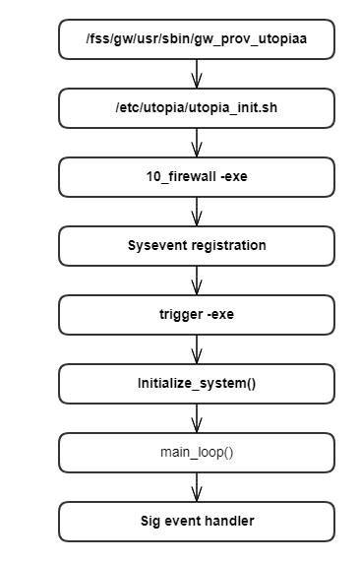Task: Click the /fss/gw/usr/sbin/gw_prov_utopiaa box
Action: [x=197, y=39]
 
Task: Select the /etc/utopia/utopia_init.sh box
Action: [x=197, y=107]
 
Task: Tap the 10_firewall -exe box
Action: [x=197, y=176]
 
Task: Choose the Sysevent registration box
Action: [x=197, y=245]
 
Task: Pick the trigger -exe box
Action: [x=197, y=314]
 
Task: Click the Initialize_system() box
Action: [x=197, y=383]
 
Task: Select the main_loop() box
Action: [x=197, y=452]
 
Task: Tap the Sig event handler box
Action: [x=197, y=521]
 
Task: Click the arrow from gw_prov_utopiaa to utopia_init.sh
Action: [x=197, y=74]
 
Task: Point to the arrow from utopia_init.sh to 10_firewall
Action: [x=197, y=142]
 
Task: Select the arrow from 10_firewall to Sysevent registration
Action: [x=197, y=211]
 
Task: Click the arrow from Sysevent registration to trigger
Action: [x=197, y=280]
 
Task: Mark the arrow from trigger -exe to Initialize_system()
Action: [x=197, y=348]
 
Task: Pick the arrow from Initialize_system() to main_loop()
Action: [x=197, y=417]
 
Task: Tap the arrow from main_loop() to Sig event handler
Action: [x=197, y=486]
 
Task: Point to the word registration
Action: [x=227, y=245]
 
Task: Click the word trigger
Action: [x=181, y=314]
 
